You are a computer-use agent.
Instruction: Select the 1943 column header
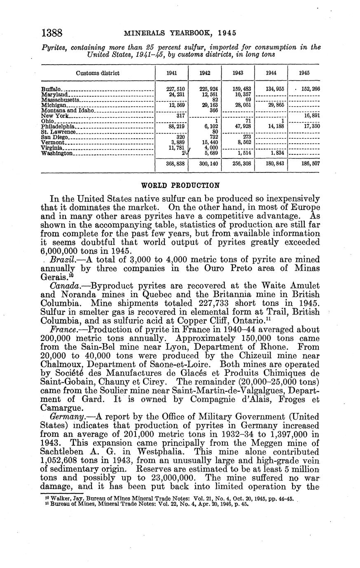point(238,73)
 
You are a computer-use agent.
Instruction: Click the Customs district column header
point(98,73)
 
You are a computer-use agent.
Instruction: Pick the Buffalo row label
point(51,88)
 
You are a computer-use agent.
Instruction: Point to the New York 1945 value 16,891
point(312,116)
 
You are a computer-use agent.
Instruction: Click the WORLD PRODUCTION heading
point(180,185)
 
